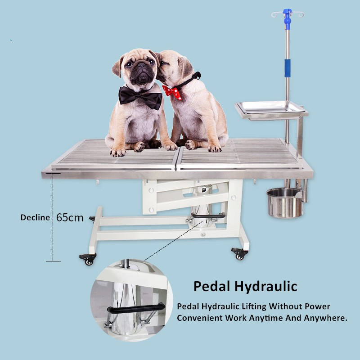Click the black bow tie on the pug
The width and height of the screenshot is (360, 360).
pos(140,97)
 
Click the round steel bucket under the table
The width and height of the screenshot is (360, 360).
pos(284,202)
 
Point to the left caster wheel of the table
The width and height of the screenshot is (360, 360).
pos(88,258)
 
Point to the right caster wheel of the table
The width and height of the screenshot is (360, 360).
pos(239,254)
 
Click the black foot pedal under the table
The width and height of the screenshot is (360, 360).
pos(208,216)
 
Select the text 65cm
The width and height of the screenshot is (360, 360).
pos(70,217)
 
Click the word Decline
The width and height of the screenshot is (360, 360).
pos(35,217)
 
